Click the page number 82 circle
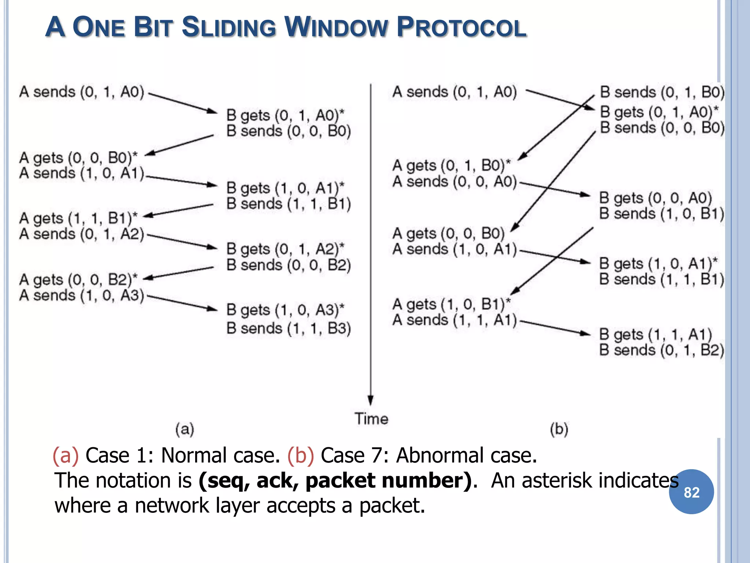tap(691, 492)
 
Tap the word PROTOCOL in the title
tap(462, 27)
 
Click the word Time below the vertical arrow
tap(371, 419)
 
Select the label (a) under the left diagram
tap(185, 429)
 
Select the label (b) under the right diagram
tap(559, 429)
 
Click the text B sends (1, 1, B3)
tap(289, 328)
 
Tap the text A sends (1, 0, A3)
tap(82, 295)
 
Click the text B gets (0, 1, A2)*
tap(285, 249)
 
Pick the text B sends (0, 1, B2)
tap(661, 350)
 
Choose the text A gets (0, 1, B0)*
tap(451, 165)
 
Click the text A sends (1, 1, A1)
tap(454, 320)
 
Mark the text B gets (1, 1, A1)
tap(655, 334)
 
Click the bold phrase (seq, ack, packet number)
tap(335, 481)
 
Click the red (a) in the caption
tap(66, 456)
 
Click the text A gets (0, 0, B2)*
tap(78, 279)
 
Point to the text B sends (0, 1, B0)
tap(662, 92)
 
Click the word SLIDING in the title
tap(229, 27)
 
